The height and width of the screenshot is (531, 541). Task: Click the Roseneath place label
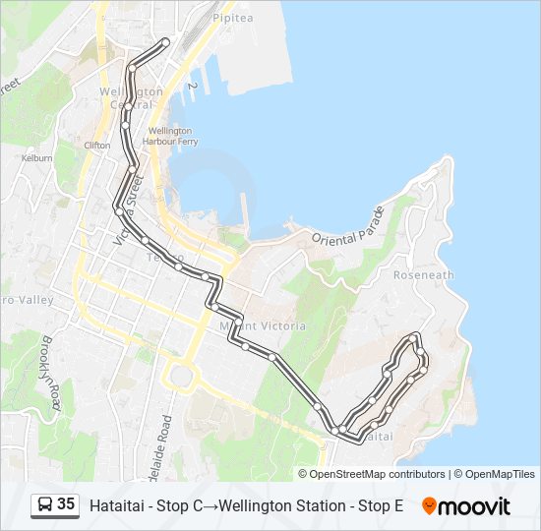click(x=423, y=275)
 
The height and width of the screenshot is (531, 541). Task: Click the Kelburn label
click(x=36, y=157)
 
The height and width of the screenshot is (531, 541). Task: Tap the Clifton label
click(x=97, y=145)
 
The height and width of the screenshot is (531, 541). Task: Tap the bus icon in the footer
click(x=45, y=505)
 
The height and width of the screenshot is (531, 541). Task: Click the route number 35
click(x=66, y=505)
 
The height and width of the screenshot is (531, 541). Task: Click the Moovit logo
click(x=466, y=506)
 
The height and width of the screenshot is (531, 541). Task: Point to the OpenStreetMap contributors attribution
click(x=378, y=474)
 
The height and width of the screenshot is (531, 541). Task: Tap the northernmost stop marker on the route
click(x=164, y=41)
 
